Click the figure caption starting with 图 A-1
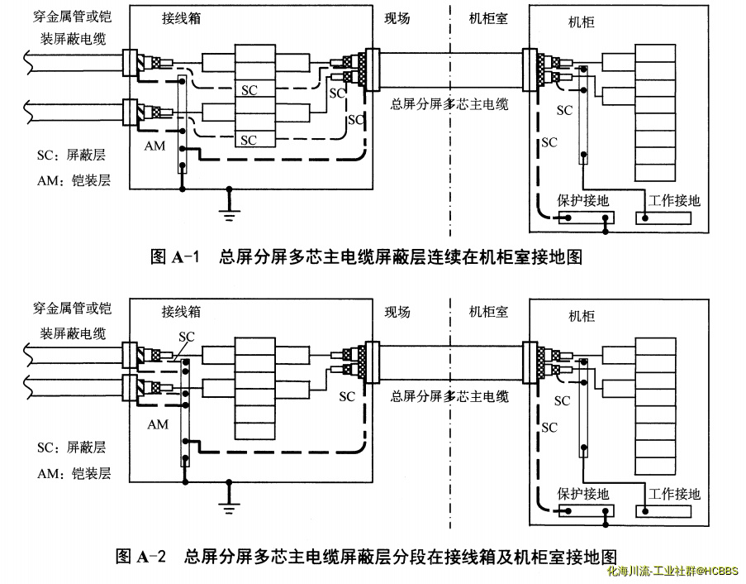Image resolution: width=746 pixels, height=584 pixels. point(366,257)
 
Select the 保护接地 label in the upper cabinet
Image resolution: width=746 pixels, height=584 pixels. point(584,200)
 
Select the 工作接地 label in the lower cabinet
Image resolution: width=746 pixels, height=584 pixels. point(674,494)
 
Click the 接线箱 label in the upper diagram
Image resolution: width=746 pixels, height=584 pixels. point(182,17)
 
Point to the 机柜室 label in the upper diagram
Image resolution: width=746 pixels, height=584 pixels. point(488,17)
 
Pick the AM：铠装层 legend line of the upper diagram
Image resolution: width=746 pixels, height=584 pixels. point(74,180)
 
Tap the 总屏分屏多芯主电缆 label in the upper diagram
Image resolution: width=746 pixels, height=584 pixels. point(449,104)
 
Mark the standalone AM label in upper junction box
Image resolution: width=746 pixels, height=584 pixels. point(154,146)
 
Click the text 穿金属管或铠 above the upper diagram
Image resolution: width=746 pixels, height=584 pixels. point(72,17)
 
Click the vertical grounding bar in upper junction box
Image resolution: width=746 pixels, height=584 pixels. point(183,123)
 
